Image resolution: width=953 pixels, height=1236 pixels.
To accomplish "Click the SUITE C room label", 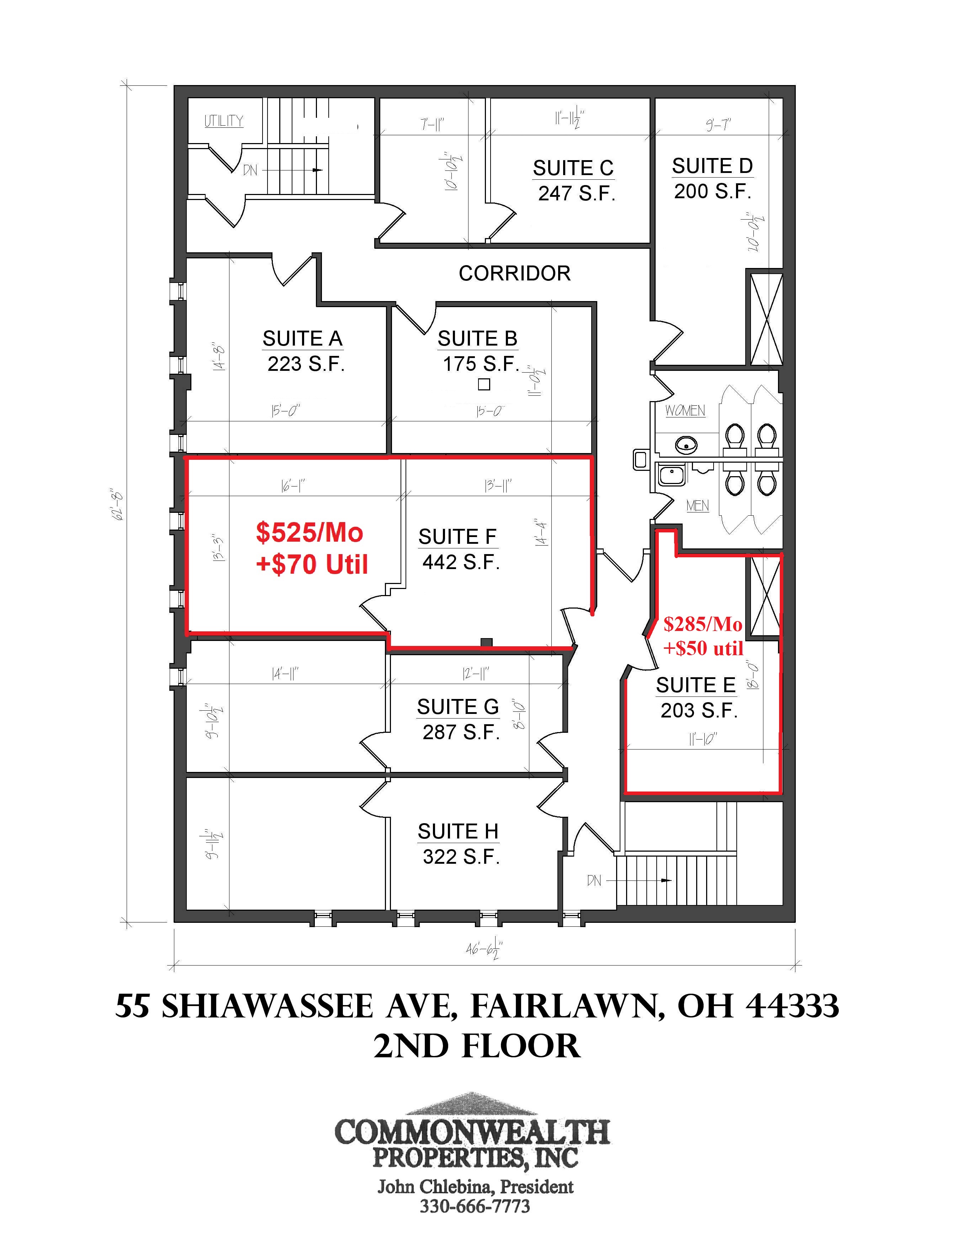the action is (573, 168).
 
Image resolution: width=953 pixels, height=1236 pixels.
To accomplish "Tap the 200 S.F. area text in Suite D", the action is (713, 191).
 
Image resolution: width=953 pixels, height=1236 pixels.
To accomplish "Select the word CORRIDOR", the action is (515, 273).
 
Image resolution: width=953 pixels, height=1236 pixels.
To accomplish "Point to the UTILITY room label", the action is (224, 121).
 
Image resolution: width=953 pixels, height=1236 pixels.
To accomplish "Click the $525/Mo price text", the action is (309, 532).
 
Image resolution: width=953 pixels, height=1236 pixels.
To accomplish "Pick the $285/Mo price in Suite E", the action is (703, 624).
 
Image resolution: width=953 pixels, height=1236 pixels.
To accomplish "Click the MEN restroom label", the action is (697, 505).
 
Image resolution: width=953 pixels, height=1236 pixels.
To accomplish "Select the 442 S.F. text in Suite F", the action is (461, 562).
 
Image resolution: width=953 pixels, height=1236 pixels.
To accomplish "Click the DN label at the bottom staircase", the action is (594, 880).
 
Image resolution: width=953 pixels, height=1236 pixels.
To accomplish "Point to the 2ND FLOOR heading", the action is (477, 1046).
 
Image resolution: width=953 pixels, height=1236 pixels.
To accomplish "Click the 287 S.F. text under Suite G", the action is (461, 732).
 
